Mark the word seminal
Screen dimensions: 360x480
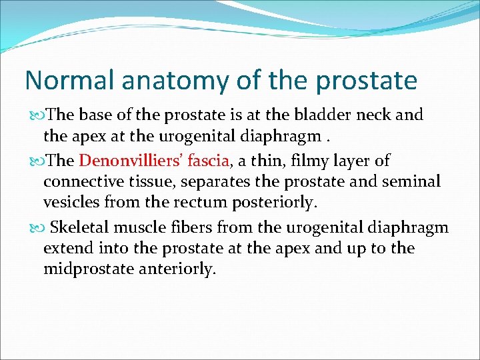coord(414,181)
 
